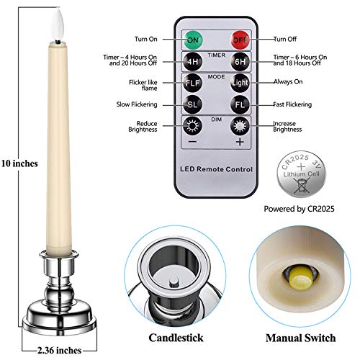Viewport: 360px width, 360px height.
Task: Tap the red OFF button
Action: tap(240, 40)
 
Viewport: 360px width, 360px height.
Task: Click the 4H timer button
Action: tap(192, 62)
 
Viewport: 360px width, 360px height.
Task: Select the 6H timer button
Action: tap(240, 62)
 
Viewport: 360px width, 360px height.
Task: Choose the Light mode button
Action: tap(240, 83)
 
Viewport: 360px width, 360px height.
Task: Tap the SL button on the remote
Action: tap(192, 104)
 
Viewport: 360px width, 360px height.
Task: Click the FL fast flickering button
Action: tap(240, 104)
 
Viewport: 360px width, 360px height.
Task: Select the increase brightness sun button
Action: tap(240, 126)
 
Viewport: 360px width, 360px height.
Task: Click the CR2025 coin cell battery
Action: tap(302, 174)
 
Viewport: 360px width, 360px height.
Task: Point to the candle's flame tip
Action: tap(58, 9)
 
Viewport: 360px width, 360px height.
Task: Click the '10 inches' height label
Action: tap(19, 163)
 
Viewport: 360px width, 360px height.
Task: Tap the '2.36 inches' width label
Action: tap(59, 351)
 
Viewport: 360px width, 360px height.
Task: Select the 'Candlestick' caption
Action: tap(176, 338)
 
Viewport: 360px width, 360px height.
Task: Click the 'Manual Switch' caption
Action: tap(300, 338)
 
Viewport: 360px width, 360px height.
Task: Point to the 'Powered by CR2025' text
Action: tap(299, 209)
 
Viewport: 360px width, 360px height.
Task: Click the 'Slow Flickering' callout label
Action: tap(137, 104)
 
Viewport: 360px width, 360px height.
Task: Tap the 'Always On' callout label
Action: tap(288, 81)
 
